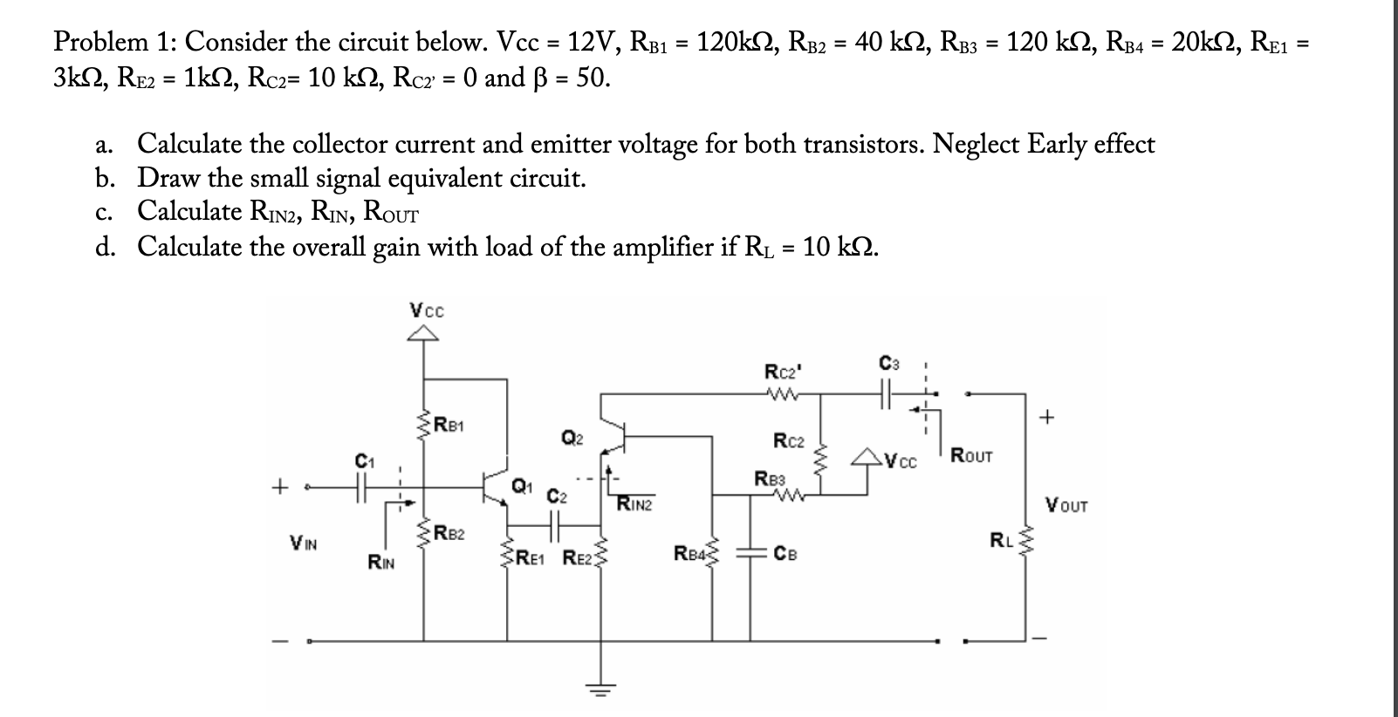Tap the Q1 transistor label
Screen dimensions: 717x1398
(520, 485)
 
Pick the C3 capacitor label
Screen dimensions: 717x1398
(888, 362)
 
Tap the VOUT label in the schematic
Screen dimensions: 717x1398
(1066, 505)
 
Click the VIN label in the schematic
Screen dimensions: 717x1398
(303, 543)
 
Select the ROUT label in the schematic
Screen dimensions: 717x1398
(970, 454)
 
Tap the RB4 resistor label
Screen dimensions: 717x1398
(688, 552)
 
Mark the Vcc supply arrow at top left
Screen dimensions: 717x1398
(424, 331)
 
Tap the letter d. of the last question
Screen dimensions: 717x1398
(106, 248)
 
